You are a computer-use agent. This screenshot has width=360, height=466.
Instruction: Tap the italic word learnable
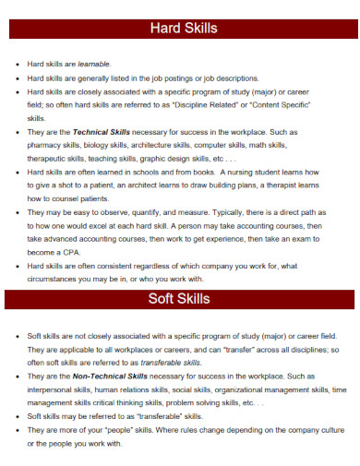(93, 64)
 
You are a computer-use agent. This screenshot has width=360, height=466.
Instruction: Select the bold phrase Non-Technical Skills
(110, 376)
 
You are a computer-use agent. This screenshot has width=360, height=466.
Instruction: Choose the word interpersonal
(52, 389)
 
